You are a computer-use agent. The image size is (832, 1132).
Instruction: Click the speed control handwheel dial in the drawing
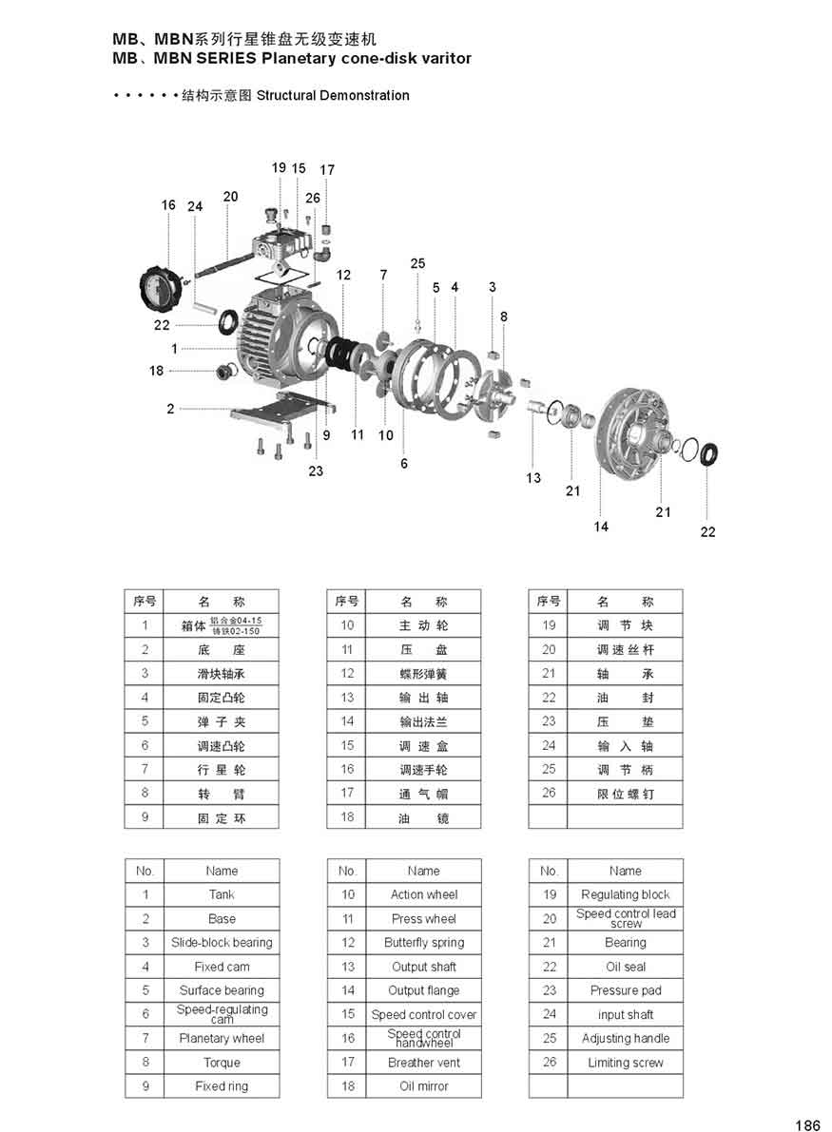160,287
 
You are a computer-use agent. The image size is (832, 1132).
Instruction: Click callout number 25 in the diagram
418,263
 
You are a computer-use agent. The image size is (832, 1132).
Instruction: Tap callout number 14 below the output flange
601,527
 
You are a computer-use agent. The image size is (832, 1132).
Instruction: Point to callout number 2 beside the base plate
170,410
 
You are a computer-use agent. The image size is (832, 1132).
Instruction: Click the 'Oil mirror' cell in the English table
423,1085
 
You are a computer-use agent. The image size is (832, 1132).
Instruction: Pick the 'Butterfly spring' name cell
423,943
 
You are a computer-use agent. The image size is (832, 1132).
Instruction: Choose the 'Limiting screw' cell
625,1063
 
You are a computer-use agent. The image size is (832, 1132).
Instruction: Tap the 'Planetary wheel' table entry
222,1038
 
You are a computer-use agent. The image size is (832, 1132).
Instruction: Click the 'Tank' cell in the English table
222,894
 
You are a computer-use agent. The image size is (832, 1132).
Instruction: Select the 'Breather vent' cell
423,1063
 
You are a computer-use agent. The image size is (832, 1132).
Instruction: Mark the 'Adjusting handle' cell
625,1038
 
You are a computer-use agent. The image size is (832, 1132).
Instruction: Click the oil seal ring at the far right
709,454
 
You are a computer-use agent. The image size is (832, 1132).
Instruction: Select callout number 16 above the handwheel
168,205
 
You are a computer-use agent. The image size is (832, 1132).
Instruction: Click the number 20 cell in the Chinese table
549,650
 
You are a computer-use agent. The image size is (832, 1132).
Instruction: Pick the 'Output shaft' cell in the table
423,967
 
